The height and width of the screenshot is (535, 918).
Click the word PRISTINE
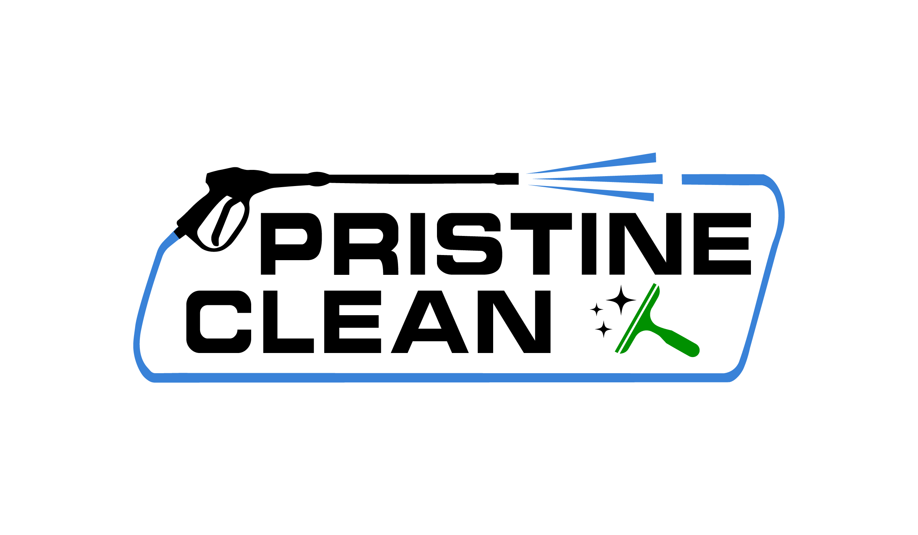(506, 244)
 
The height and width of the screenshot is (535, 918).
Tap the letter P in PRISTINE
(291, 244)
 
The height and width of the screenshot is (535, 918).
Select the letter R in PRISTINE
(366, 244)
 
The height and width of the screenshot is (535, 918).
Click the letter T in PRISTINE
(541, 244)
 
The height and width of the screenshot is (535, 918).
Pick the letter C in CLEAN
(218, 322)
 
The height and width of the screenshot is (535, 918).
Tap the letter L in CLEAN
(288, 322)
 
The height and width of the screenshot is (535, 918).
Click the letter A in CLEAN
(430, 322)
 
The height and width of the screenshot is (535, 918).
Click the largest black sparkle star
(621, 300)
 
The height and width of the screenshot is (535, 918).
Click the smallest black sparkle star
(596, 310)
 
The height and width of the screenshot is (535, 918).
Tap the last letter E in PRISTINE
(722, 244)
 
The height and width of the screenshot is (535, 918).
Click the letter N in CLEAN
(514, 322)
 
